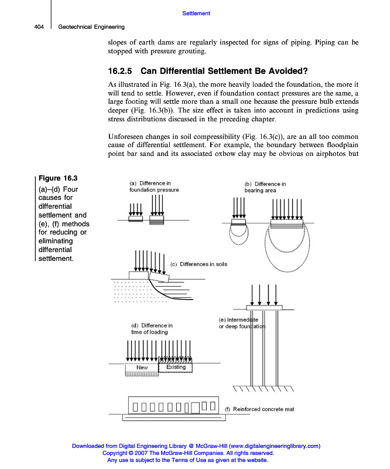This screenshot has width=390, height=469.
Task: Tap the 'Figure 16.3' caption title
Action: tap(58, 178)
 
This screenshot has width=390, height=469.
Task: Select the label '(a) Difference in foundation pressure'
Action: tap(153, 186)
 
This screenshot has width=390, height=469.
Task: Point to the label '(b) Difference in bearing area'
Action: tap(265, 187)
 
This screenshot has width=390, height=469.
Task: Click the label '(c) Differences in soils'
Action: tap(199, 264)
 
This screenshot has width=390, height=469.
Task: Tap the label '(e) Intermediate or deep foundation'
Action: tap(242, 323)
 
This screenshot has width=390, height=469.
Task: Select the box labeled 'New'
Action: tap(142, 368)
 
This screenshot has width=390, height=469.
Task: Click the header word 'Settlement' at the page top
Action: tap(196, 13)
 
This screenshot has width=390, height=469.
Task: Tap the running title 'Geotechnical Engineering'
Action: tap(91, 26)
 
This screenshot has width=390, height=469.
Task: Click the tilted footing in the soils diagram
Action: tap(159, 277)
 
